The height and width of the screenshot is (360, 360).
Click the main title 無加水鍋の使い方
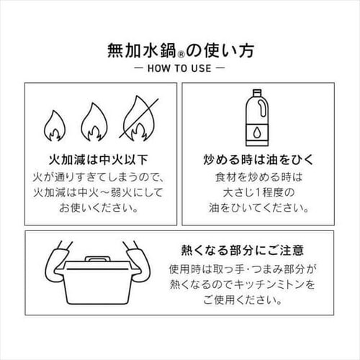coord(181,50)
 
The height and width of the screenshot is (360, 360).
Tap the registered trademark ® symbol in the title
coord(181,55)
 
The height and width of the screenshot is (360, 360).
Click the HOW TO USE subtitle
coord(179,68)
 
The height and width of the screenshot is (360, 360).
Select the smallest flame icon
coord(55,126)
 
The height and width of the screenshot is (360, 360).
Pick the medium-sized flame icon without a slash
coord(94,122)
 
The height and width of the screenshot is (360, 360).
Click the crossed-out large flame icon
coord(139,118)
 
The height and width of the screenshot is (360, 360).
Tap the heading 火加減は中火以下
coord(99,160)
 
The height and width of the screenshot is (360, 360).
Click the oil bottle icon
coord(257,118)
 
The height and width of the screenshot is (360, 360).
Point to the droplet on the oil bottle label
coord(257,132)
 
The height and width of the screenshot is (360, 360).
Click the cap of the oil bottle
coord(257,92)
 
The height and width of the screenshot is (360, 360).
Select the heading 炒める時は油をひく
coord(258,160)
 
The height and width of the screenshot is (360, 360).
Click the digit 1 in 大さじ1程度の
coord(258,192)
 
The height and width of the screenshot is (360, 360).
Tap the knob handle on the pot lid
coord(98,259)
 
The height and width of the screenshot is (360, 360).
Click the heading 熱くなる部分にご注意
coord(243,251)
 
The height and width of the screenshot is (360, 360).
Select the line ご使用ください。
coord(243,300)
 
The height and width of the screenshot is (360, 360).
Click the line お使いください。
coord(99,208)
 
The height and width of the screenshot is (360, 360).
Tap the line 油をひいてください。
coord(258,208)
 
